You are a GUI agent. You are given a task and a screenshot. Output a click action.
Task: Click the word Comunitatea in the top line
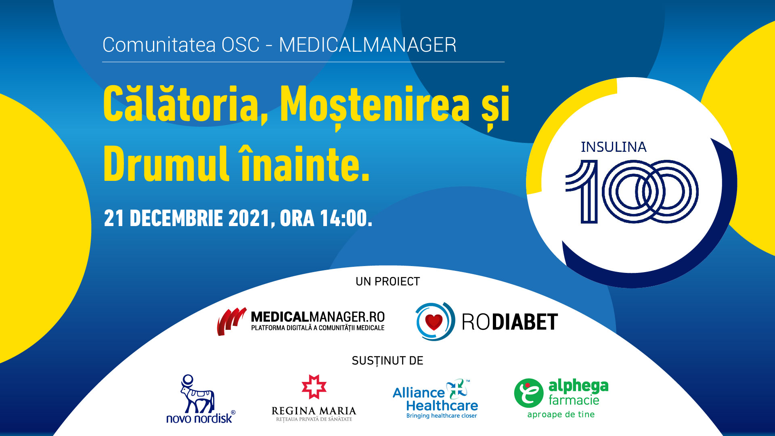(159, 45)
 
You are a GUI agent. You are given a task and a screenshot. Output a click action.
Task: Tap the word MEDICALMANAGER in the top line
(368, 45)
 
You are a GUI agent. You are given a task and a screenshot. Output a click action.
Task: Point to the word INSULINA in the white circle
(614, 147)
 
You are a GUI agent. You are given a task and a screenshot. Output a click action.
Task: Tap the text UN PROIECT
(388, 281)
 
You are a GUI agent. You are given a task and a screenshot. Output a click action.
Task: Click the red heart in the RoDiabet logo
(434, 322)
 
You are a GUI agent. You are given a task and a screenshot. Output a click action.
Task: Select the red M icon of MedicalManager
(232, 321)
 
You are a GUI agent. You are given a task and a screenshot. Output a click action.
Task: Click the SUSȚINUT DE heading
(387, 361)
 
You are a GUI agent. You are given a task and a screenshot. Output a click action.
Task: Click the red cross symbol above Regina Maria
(314, 387)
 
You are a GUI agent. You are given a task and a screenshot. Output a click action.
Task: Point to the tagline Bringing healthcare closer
(442, 416)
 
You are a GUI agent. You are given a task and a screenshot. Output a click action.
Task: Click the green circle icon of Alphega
(529, 393)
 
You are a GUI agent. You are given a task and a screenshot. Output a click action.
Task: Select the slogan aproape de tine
(561, 415)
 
